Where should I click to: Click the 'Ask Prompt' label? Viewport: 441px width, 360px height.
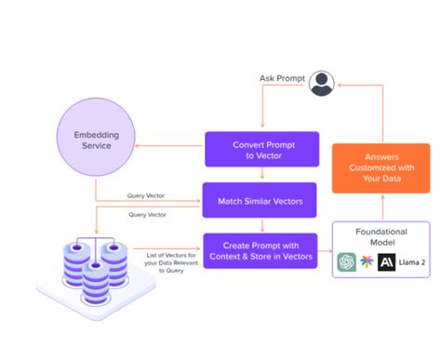(280, 77)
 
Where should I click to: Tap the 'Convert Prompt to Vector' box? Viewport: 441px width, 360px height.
(261, 149)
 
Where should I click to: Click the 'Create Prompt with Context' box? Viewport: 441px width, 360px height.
(261, 249)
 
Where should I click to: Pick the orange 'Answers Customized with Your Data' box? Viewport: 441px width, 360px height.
(381, 167)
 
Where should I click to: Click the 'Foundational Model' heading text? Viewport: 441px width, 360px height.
(381, 236)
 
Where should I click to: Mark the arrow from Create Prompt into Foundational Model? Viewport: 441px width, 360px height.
(325, 249)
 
